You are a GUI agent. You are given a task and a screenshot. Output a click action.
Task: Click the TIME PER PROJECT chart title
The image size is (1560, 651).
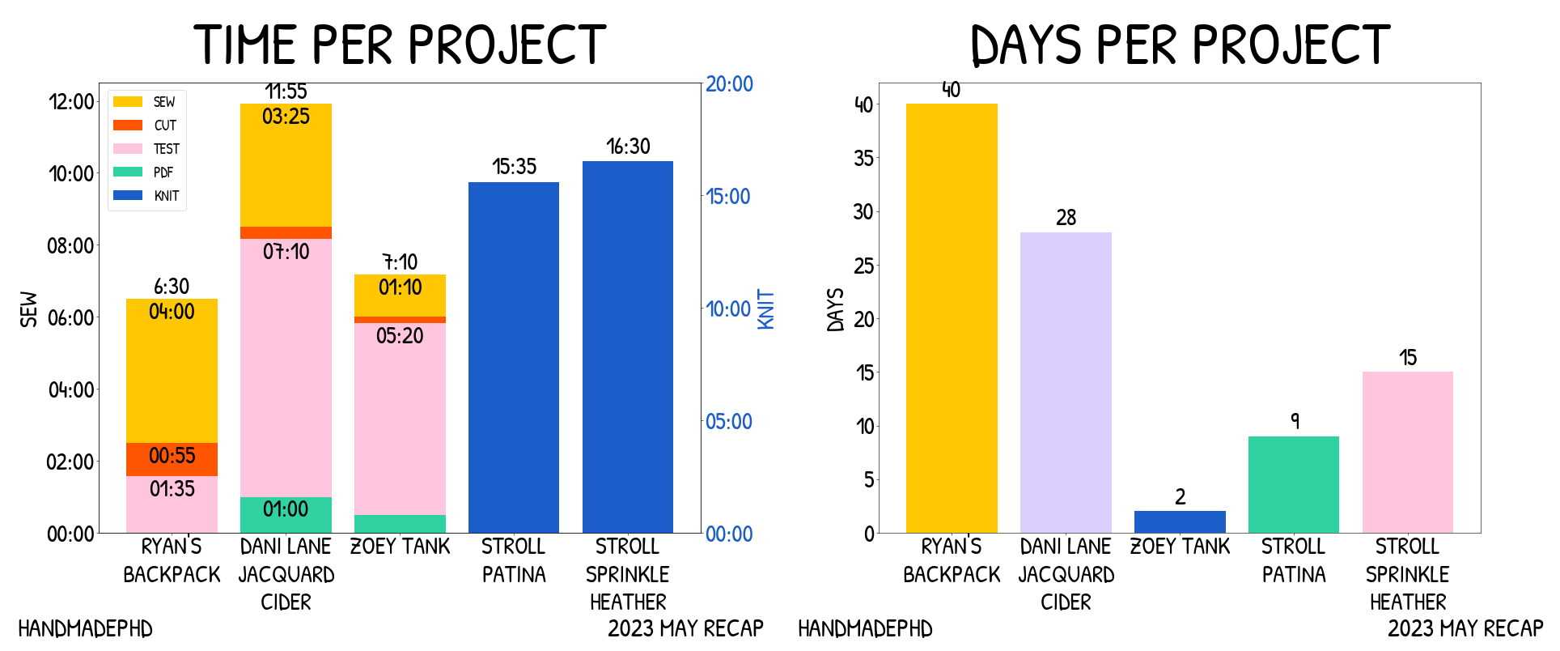(x=400, y=45)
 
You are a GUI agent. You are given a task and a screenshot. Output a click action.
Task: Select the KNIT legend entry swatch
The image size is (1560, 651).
(x=128, y=195)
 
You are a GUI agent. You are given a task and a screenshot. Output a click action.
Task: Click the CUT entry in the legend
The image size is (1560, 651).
(x=165, y=126)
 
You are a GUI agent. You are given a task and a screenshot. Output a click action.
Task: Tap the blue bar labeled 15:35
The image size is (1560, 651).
(x=513, y=356)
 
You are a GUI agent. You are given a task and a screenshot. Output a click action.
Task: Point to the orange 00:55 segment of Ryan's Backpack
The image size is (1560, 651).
(x=172, y=458)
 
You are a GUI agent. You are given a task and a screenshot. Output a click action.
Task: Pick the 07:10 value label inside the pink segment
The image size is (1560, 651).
(x=286, y=252)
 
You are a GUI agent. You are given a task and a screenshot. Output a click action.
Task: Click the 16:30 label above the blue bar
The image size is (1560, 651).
(x=628, y=147)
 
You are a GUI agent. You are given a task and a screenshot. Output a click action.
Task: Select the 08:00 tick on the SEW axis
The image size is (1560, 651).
(x=71, y=246)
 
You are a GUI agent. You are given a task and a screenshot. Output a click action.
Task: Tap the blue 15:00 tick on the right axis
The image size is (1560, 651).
(x=727, y=197)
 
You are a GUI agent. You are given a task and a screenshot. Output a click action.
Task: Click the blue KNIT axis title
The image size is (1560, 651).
(x=765, y=309)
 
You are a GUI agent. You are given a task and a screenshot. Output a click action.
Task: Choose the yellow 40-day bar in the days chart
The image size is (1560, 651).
(x=951, y=317)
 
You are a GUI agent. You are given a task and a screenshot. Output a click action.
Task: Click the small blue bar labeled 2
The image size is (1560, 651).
(x=1179, y=521)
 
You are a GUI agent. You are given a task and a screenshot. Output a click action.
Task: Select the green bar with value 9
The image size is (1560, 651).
(x=1293, y=484)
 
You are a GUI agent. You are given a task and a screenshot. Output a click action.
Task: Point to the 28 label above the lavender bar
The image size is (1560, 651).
(x=1066, y=218)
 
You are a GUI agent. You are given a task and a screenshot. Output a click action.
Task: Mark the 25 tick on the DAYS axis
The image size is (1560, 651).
(x=863, y=266)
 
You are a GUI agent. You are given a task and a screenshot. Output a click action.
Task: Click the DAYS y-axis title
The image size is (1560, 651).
(x=836, y=309)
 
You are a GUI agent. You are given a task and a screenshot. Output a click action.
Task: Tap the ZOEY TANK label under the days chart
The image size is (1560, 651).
(x=1179, y=547)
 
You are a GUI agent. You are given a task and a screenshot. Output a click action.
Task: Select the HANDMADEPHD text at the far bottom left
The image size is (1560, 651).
(x=85, y=629)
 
